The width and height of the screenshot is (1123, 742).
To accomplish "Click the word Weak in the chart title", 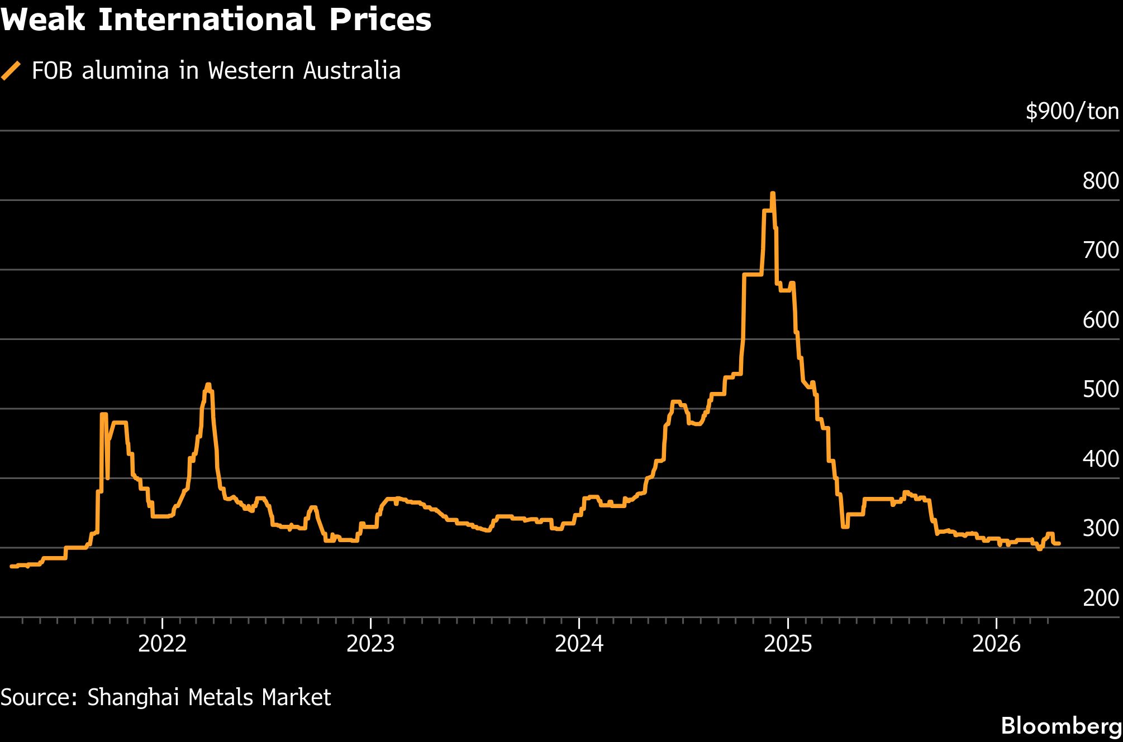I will [x=43, y=20].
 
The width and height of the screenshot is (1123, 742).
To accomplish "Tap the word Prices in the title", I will [x=380, y=20].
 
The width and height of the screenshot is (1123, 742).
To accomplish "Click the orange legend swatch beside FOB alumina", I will [x=11, y=71].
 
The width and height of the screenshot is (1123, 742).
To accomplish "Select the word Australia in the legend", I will [x=352, y=71].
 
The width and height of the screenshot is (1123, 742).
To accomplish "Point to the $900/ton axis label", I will [x=1072, y=112].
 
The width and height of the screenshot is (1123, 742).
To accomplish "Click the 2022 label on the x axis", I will [x=162, y=644].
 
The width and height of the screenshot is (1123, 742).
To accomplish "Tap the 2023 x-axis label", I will [x=370, y=644].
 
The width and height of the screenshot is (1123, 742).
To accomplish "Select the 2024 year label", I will [x=579, y=644].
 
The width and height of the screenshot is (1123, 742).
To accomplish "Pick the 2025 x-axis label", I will [x=788, y=644].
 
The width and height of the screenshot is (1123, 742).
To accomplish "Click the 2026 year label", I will [x=996, y=644].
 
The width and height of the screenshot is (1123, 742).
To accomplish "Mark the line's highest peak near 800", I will [x=773, y=194].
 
